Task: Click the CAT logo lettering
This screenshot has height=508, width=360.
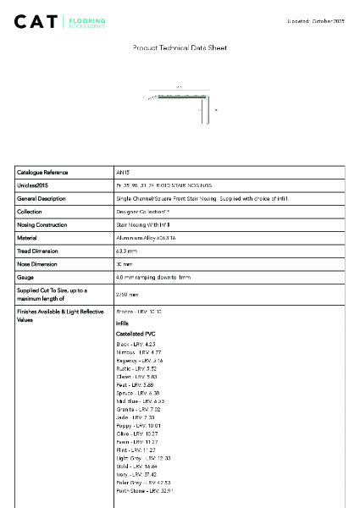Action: coord(37,21)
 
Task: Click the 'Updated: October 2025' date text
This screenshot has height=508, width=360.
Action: coord(316,19)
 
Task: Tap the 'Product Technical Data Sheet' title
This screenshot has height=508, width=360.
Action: coord(180,48)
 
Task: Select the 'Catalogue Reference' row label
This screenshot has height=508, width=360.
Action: coord(43,172)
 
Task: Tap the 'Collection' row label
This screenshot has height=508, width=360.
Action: coord(30,212)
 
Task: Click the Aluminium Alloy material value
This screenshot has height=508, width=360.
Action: coord(147,239)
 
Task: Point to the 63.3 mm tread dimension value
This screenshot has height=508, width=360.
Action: coord(127,251)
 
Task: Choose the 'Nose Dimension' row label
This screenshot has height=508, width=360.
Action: coord(39,264)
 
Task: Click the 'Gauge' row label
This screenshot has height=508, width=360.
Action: coord(25,278)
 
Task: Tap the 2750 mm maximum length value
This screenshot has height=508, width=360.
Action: coord(127,295)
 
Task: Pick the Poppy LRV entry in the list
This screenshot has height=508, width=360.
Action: coord(136,402)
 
